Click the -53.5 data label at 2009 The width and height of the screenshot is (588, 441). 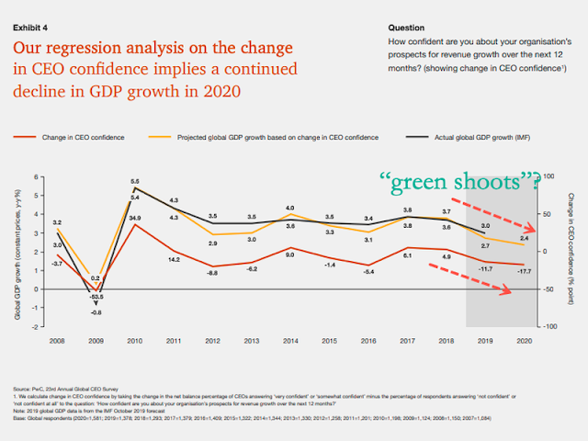tap(96, 298)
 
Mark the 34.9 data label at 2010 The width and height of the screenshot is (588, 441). tap(134, 218)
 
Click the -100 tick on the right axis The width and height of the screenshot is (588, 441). tap(548, 326)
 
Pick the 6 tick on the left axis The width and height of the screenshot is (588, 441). tap(38, 176)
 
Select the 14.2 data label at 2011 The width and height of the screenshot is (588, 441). tap(173, 260)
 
